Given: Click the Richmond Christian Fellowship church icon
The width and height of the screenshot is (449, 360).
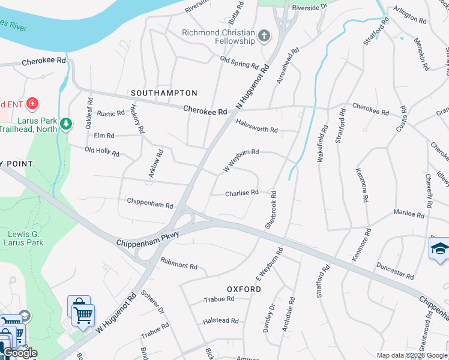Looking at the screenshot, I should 264,37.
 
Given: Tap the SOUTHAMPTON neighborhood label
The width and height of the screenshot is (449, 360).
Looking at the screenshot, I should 164,93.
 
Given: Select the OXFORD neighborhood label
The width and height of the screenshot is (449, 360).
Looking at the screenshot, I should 244,289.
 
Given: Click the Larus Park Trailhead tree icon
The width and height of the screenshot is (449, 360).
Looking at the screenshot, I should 65,124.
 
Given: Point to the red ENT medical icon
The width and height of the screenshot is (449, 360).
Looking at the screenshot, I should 32,103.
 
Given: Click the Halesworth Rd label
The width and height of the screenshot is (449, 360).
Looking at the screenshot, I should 257,125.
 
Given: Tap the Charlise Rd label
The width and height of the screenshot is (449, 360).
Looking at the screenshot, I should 242,193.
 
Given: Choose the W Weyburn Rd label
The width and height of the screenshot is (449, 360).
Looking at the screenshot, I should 241,160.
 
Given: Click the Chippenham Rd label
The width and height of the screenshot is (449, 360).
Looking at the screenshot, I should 150,204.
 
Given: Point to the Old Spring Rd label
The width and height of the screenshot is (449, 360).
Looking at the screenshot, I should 239,62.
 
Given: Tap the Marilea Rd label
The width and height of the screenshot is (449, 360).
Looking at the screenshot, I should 409,214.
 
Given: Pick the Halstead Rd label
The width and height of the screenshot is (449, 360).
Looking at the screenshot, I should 221,321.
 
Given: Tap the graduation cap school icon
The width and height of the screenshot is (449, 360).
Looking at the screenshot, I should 439,248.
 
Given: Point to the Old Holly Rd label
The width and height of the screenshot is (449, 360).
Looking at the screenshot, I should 102,151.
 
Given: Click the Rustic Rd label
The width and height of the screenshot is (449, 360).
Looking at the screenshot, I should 110,113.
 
